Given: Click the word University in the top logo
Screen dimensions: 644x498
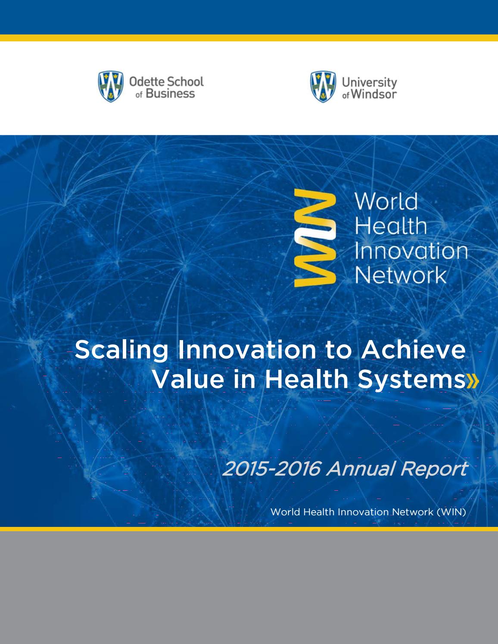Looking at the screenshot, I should click(x=369, y=82).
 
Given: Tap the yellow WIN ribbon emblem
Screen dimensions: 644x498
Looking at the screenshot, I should click(x=314, y=238).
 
